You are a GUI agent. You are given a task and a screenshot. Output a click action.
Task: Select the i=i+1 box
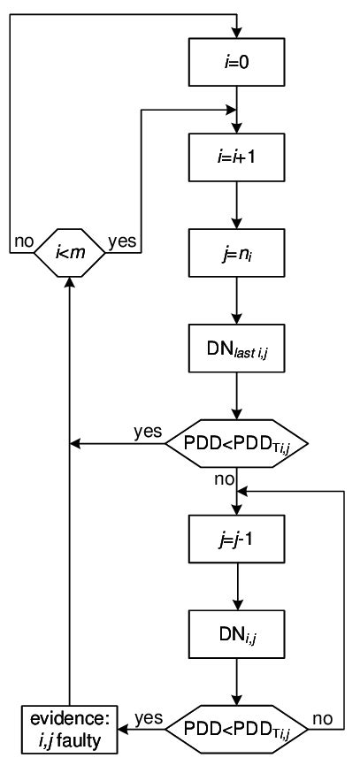click(236, 158)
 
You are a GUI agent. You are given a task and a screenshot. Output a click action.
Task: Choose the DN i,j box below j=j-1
click(236, 632)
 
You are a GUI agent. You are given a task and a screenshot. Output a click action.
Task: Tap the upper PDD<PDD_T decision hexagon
click(236, 442)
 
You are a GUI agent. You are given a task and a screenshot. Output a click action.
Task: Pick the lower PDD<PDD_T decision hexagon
click(236, 731)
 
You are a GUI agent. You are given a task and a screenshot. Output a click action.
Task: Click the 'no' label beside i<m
click(21, 241)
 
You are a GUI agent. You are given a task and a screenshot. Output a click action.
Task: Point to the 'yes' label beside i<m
click(122, 241)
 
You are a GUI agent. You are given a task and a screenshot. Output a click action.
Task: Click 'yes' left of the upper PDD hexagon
click(147, 432)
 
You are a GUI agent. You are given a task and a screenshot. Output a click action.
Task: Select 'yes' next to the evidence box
click(147, 719)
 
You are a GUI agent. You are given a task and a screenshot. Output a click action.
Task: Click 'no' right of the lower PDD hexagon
click(325, 719)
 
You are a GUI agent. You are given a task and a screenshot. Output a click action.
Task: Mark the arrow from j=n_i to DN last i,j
click(236, 305)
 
